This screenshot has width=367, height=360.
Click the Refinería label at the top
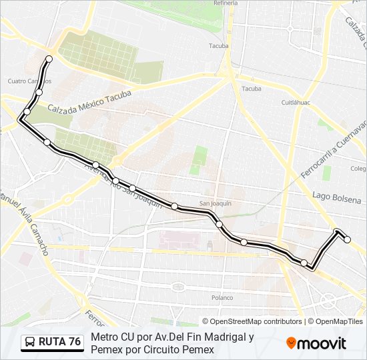[x=225, y=3]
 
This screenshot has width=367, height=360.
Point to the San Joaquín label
[x=215, y=203]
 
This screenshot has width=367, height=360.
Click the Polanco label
[x=222, y=297]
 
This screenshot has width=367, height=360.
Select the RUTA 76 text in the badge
[x=59, y=342]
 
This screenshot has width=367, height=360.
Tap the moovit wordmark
[x=322, y=343]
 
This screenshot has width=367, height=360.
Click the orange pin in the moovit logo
[x=291, y=343]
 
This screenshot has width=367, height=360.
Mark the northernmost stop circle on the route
[x=49, y=59]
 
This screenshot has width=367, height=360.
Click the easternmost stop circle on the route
[x=347, y=239]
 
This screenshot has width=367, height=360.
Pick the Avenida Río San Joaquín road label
[x=123, y=187]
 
